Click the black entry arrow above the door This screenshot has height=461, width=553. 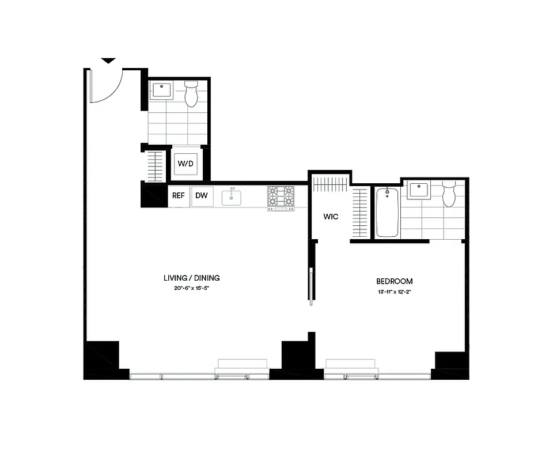pyautogui.click(x=108, y=61)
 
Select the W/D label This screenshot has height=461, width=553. pyautogui.click(x=185, y=164)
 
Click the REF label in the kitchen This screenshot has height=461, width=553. pyautogui.click(x=179, y=195)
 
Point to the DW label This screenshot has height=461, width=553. pyautogui.click(x=201, y=195)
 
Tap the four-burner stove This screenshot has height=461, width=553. pyautogui.click(x=281, y=197)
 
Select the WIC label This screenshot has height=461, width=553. pyautogui.click(x=331, y=217)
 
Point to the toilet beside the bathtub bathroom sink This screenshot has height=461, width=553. pyautogui.click(x=449, y=194)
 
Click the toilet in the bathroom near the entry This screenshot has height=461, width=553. pyautogui.click(x=191, y=93)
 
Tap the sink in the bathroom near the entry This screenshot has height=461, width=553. pyautogui.click(x=161, y=90)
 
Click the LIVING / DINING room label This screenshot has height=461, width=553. pyautogui.click(x=192, y=278)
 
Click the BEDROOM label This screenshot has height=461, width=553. pyautogui.click(x=395, y=281)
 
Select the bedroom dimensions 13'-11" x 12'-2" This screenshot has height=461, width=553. pyautogui.click(x=395, y=292)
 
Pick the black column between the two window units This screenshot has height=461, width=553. pyautogui.click(x=297, y=357)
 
